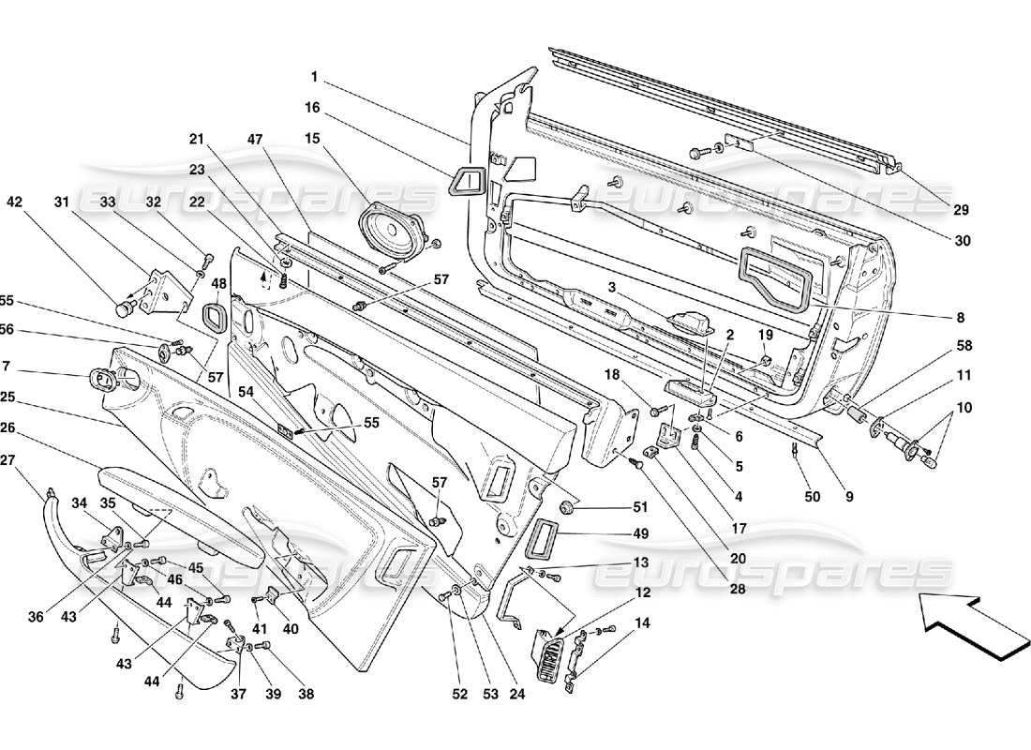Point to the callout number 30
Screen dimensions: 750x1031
click(962, 240)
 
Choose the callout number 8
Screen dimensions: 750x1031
click(961, 318)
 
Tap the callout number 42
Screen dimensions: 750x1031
click(14, 201)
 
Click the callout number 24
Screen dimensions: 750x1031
click(518, 695)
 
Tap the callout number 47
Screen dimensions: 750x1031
click(254, 139)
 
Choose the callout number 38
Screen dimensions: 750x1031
click(305, 695)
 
